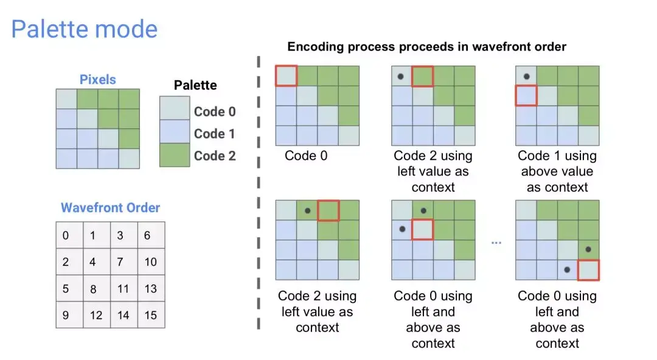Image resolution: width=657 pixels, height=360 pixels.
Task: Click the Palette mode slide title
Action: pos(84,29)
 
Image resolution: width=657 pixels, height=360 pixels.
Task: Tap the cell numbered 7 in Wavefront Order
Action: pos(124,261)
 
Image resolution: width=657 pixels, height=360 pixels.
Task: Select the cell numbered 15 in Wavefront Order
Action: pos(151,315)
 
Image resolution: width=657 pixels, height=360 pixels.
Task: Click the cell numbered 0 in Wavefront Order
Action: pos(69,235)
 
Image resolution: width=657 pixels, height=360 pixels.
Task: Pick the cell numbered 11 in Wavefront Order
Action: pos(124,288)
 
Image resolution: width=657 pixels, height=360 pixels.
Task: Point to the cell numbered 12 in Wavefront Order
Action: pos(97,315)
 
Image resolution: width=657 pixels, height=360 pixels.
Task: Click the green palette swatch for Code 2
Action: pos(175,155)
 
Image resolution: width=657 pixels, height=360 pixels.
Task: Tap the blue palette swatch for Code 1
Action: pos(175,132)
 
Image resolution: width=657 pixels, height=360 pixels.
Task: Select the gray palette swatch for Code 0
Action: pos(175,108)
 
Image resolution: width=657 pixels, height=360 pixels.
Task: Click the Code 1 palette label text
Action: pos(214,134)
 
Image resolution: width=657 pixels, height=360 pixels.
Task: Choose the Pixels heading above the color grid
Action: pos(97,80)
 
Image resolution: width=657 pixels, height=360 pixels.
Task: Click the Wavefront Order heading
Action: pos(110,207)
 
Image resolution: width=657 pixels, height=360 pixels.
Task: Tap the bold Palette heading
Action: pos(195,85)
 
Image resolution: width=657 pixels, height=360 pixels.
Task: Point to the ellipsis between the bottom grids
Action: pos(496,243)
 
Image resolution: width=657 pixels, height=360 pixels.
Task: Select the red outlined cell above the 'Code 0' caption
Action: pos(287,76)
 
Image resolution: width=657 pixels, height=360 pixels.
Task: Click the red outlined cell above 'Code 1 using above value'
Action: pos(526,95)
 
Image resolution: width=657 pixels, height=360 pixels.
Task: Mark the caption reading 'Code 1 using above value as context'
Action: pos(557,171)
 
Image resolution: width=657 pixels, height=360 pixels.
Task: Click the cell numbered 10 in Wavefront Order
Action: pos(151,261)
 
